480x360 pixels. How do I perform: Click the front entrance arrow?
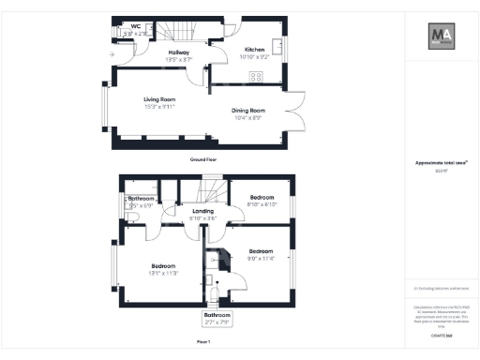point(112,54)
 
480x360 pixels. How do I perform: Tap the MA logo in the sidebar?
point(442,37)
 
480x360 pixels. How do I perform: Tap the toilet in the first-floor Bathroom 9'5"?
point(135,217)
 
